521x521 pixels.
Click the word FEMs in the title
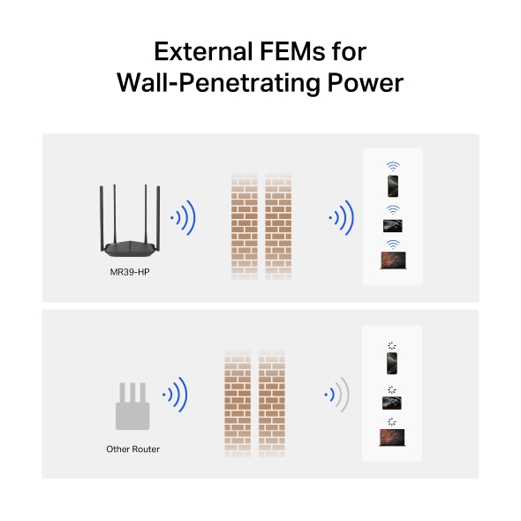(292, 52)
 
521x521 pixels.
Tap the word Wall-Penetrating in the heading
(219, 83)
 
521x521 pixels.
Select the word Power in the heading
(366, 83)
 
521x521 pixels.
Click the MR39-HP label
(130, 272)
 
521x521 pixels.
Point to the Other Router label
(133, 449)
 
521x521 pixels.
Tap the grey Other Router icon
(132, 406)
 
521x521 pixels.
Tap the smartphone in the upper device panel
(393, 186)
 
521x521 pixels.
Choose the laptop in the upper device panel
(393, 260)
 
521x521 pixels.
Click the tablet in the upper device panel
(393, 226)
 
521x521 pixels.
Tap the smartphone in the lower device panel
(392, 364)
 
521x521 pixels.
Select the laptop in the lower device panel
(392, 438)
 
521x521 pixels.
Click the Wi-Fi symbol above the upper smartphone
(393, 166)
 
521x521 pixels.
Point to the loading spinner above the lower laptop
(392, 421)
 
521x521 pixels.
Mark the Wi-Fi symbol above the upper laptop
(393, 245)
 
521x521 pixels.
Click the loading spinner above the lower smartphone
(392, 345)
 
